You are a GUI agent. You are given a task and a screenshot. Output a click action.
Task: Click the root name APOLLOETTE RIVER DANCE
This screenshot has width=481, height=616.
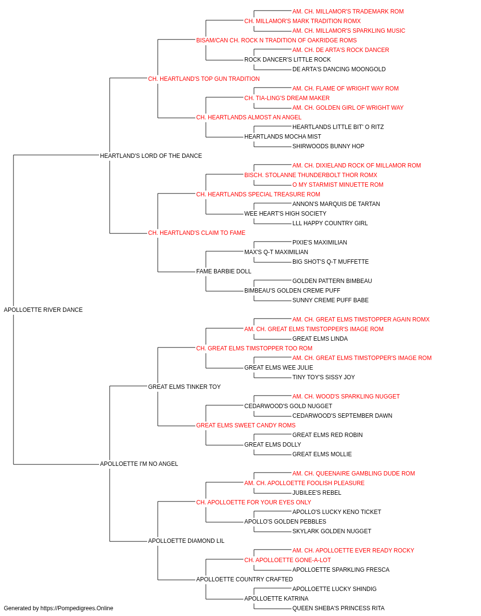click(43, 309)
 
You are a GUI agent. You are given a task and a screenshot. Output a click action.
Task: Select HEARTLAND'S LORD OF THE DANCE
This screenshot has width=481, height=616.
click(151, 155)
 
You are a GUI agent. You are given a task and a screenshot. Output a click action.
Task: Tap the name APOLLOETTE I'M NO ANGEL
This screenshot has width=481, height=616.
click(139, 464)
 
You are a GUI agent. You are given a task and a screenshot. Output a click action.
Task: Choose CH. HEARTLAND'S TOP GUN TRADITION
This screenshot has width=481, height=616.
click(203, 79)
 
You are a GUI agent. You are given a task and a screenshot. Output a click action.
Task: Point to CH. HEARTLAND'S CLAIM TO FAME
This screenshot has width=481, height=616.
click(197, 233)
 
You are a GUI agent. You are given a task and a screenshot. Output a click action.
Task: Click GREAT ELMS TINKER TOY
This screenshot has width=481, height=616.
click(184, 386)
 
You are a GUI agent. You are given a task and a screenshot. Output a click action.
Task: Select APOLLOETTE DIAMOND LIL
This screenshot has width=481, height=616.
click(186, 540)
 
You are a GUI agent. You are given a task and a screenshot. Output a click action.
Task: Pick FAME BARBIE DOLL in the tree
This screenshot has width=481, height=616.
click(224, 271)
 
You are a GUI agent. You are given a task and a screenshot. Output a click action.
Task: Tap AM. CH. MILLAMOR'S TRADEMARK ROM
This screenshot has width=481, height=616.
click(348, 12)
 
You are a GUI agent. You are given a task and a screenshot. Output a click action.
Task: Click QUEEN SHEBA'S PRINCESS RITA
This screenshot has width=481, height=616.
click(338, 608)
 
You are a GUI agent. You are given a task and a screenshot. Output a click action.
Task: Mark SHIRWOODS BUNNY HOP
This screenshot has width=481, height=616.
click(328, 146)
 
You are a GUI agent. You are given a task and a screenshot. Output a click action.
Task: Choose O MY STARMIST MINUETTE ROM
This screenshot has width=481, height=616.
click(338, 184)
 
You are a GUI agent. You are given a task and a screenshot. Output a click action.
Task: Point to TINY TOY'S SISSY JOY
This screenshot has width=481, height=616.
click(324, 377)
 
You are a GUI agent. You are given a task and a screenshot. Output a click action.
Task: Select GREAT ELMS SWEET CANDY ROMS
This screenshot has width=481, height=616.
click(246, 425)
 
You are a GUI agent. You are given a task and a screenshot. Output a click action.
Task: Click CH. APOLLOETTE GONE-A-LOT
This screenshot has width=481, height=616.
click(288, 560)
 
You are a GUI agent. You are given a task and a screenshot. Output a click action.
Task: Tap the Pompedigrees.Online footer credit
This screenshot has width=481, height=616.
click(58, 608)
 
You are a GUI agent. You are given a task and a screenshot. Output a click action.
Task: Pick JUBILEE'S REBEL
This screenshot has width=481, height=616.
click(316, 493)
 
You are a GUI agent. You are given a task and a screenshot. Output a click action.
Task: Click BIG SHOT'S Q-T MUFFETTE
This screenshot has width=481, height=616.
click(330, 262)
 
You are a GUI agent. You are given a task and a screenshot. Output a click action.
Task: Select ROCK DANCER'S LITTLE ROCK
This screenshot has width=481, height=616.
click(287, 60)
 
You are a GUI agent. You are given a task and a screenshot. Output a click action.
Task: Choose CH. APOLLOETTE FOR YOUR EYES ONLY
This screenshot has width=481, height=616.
click(253, 502)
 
